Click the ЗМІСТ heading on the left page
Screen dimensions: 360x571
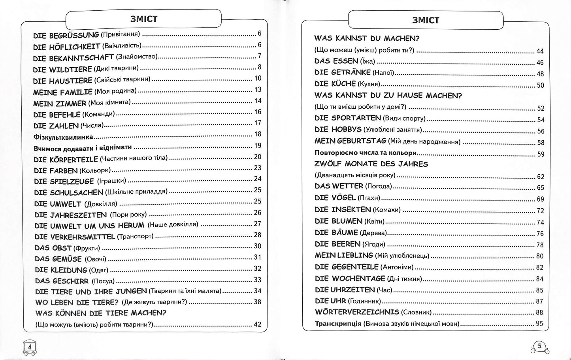point(143,19)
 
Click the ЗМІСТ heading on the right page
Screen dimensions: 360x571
point(426,20)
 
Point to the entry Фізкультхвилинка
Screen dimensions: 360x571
point(63,137)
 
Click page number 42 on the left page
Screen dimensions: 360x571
point(257,324)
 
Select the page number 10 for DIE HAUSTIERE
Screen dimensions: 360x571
point(258,78)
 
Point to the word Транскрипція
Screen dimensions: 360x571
point(338,324)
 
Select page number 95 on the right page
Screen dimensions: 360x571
point(539,324)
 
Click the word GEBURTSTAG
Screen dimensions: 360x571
point(361,141)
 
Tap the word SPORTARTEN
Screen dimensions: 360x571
point(356,118)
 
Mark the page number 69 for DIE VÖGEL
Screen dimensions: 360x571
point(540,199)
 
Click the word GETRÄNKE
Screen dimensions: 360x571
point(351,72)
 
